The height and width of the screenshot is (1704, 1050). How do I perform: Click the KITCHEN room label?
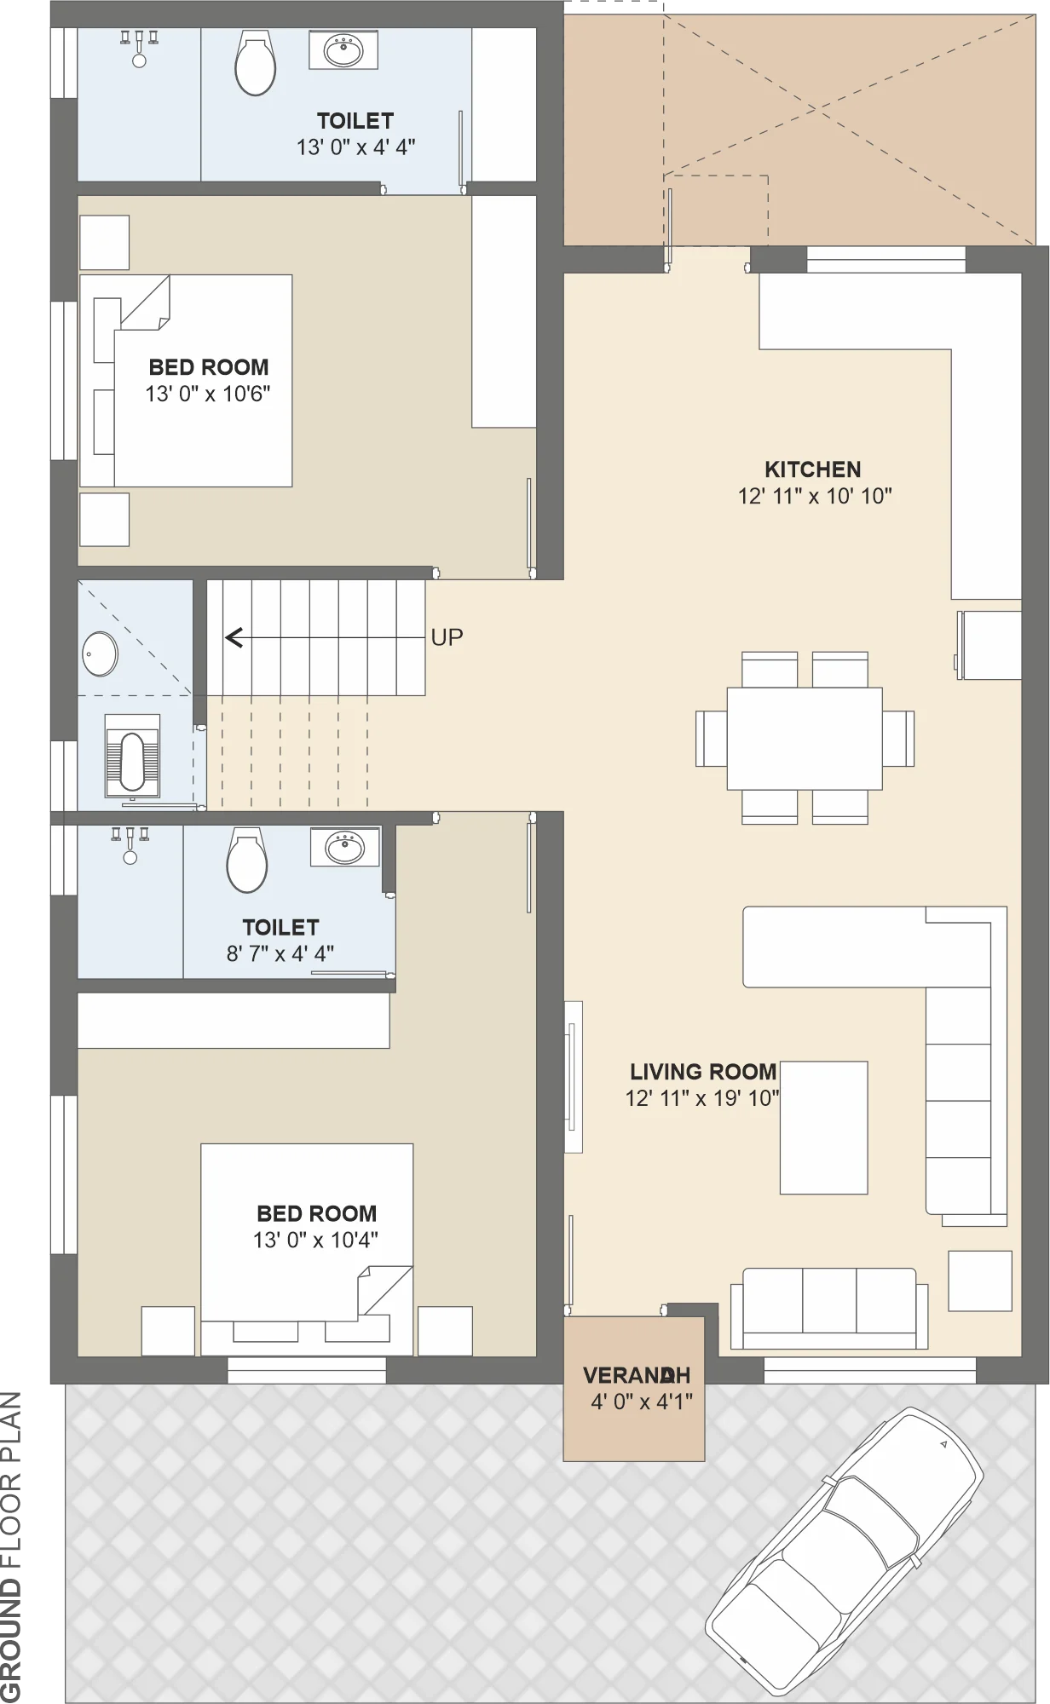[x=812, y=469]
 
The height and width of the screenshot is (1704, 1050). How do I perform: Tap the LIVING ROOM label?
[x=703, y=1072]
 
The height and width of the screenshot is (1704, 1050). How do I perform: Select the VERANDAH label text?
[x=637, y=1375]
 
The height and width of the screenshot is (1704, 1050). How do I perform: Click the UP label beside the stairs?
[x=447, y=637]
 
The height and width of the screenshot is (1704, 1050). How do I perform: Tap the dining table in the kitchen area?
[x=805, y=739]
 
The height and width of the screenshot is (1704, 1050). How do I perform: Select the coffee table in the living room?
[x=823, y=1127]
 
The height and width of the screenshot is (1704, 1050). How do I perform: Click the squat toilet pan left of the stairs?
[x=132, y=755]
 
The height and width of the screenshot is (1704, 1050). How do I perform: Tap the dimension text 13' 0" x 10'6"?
[x=208, y=394]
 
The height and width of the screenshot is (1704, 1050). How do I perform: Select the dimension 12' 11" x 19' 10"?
[x=702, y=1098]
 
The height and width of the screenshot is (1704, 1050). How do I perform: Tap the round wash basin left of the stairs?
[x=100, y=653]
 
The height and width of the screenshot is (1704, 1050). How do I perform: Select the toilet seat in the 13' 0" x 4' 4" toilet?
[x=255, y=63]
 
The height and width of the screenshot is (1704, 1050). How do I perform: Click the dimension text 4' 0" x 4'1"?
[x=642, y=1402]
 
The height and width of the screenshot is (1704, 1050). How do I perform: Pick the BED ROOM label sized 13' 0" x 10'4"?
[x=316, y=1213]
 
